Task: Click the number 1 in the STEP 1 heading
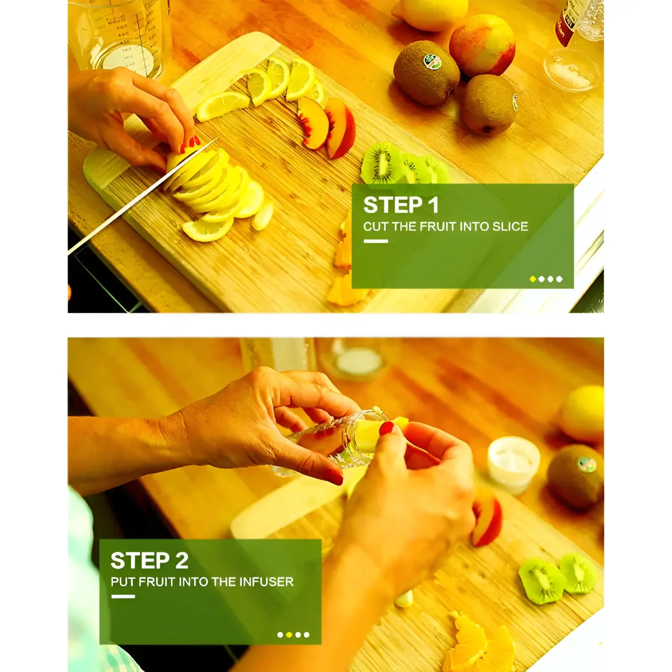[x=433, y=205]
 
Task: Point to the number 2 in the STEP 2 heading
[x=182, y=560]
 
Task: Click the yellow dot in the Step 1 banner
[x=533, y=279]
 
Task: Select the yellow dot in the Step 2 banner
[x=289, y=635]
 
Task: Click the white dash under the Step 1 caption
[x=375, y=241]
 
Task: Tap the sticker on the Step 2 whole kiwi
[x=587, y=464]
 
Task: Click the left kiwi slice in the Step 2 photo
[x=542, y=580]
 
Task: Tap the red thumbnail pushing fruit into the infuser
[x=387, y=428]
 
